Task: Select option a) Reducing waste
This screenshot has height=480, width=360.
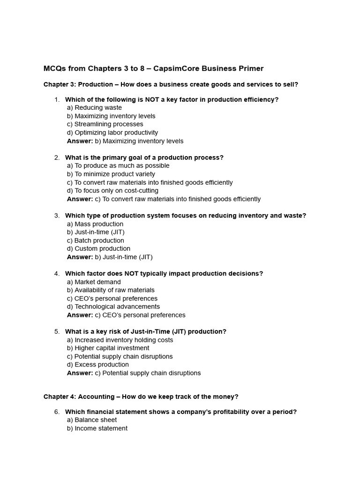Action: [x=94, y=108]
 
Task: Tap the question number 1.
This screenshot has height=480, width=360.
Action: [x=57, y=99]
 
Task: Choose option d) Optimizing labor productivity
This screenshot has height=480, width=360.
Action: [x=112, y=133]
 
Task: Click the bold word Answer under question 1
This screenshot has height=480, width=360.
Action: [x=80, y=141]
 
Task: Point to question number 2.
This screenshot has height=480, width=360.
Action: [x=57, y=157]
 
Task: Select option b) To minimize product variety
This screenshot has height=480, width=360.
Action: [x=111, y=174]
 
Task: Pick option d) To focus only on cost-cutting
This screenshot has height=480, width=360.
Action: [x=112, y=191]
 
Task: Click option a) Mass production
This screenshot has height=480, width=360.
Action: [x=95, y=224]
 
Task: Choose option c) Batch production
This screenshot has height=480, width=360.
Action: [x=96, y=240]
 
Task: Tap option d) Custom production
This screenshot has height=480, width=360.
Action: [x=98, y=248]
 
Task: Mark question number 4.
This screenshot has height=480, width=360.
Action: [x=57, y=273]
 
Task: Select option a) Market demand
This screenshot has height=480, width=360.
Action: [x=94, y=282]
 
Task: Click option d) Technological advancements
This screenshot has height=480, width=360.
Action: [x=113, y=307]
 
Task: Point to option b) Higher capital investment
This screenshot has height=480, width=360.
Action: [x=108, y=348]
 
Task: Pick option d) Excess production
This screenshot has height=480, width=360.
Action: [x=98, y=365]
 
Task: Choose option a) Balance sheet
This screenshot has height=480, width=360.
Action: [x=92, y=420]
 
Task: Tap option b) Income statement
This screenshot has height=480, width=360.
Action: [x=97, y=428]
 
